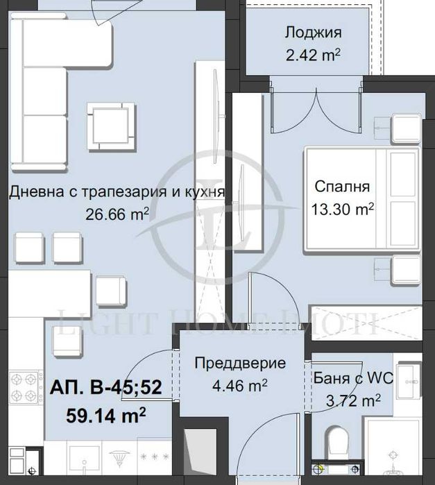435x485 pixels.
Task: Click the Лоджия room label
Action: [312, 33]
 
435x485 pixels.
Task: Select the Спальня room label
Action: [342, 186]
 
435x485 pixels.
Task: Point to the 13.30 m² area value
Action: [342, 207]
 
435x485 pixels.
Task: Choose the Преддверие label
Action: [239, 363]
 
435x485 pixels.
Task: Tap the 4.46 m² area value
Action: [239, 384]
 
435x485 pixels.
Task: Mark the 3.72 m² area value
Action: [353, 400]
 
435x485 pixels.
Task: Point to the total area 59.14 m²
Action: [105, 415]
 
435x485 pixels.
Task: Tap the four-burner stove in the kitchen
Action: [26, 389]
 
